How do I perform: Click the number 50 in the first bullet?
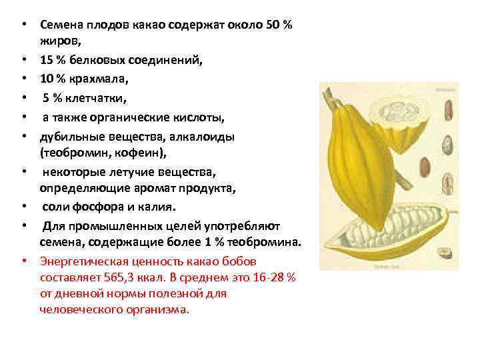(273, 25)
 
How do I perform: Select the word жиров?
(58, 41)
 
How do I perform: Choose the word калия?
(155, 205)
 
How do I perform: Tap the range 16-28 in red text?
(263, 277)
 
